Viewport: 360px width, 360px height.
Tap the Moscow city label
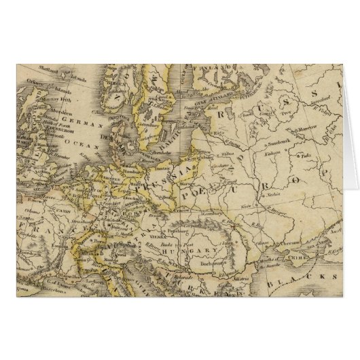tap(307, 127)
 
